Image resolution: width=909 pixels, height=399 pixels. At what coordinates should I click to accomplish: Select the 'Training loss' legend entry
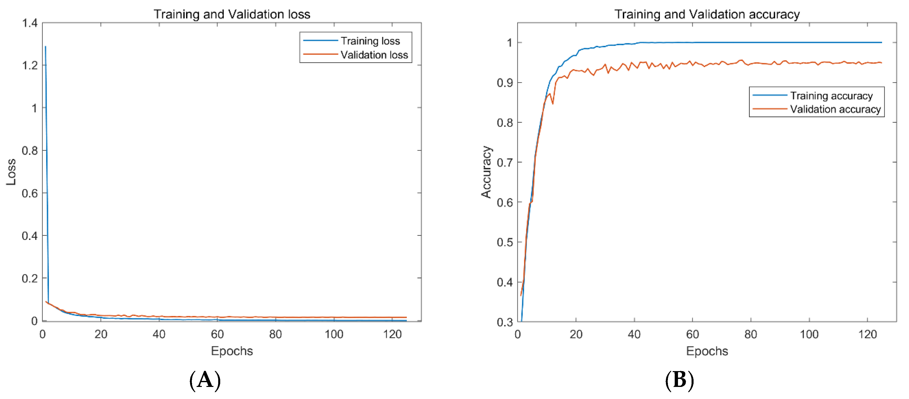tap(370, 41)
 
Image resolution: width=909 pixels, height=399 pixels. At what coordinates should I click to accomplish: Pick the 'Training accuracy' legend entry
tap(831, 96)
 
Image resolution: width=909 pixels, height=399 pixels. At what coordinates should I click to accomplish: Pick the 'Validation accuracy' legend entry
tap(835, 109)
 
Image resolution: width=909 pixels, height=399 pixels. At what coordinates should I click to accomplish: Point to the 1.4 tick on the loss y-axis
tap(30, 23)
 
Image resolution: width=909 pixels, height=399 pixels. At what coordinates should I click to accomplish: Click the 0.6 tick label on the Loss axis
tap(30, 193)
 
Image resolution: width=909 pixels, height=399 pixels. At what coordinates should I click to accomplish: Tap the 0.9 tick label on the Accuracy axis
tap(505, 83)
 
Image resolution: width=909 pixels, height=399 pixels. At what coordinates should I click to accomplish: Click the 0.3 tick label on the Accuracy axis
tap(505, 322)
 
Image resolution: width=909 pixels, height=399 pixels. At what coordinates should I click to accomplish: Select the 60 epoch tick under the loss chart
tap(217, 334)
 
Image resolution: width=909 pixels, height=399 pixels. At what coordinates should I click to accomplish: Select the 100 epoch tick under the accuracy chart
tap(809, 334)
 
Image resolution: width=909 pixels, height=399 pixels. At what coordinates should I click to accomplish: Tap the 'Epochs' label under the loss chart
tap(232, 351)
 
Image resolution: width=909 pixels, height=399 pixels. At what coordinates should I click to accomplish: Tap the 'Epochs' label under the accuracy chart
tap(707, 351)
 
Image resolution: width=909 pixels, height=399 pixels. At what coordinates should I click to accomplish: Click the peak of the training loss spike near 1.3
tap(46, 47)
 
